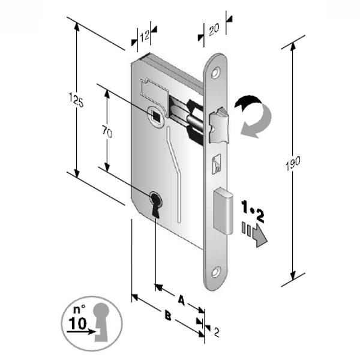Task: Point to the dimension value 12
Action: [x=144, y=36]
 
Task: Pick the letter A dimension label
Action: [x=181, y=298]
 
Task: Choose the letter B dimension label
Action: [x=169, y=316]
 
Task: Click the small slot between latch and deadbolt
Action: [x=216, y=163]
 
